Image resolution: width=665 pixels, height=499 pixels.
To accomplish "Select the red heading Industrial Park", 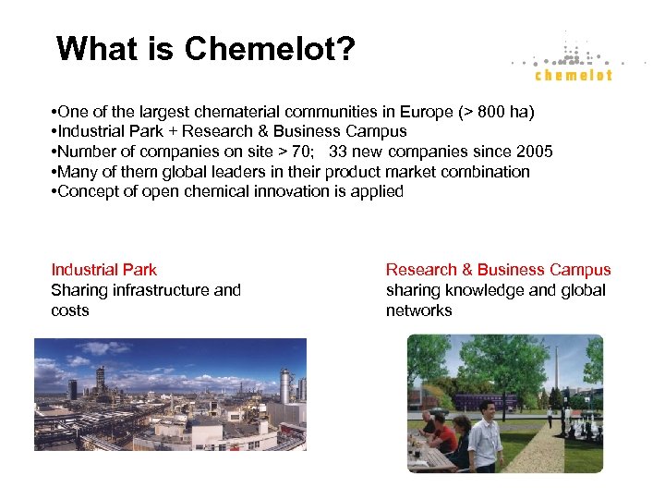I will click(x=103, y=270).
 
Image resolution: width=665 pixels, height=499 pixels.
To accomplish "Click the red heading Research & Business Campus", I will click(x=498, y=270).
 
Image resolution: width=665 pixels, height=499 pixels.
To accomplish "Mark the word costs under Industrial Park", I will click(x=70, y=310).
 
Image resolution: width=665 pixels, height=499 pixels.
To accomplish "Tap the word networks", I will click(x=418, y=310).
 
